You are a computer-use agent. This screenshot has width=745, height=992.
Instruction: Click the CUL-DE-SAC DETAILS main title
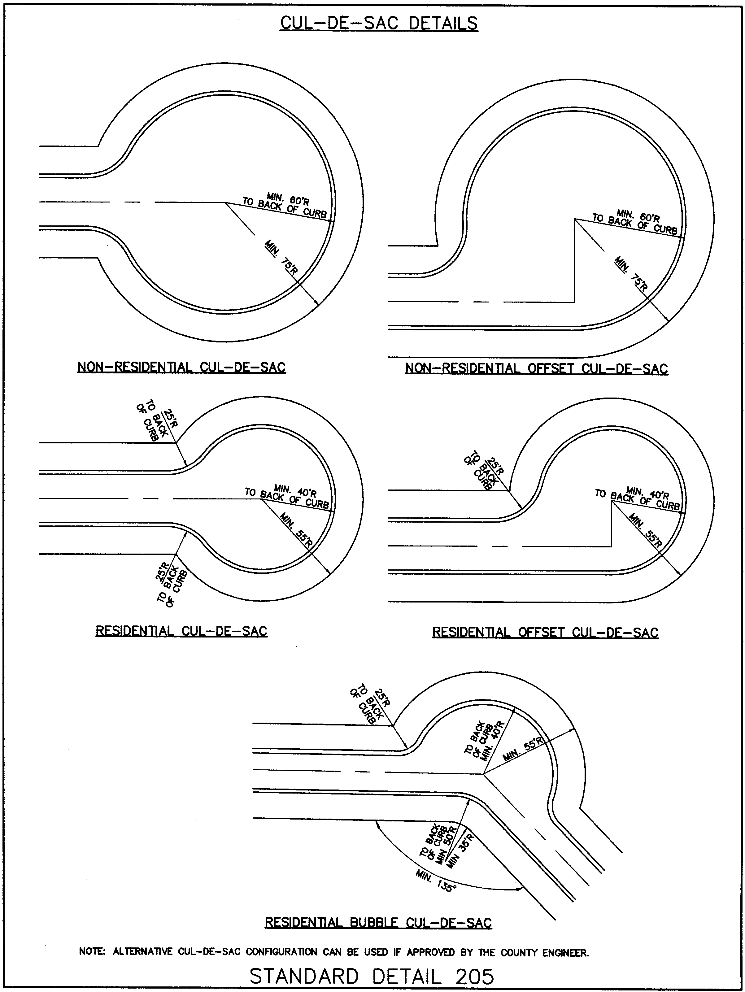click(x=379, y=23)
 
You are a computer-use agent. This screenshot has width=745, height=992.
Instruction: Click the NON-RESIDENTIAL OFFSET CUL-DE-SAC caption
click(x=536, y=369)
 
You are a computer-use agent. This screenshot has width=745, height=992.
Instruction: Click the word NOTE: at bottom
click(x=92, y=952)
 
